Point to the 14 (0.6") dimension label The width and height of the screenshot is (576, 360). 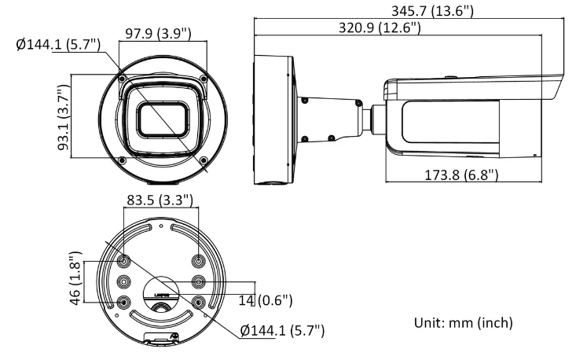coord(267,300)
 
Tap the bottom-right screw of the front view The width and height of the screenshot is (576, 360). coord(203,160)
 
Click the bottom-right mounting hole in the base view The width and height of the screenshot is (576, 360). coord(199,302)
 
